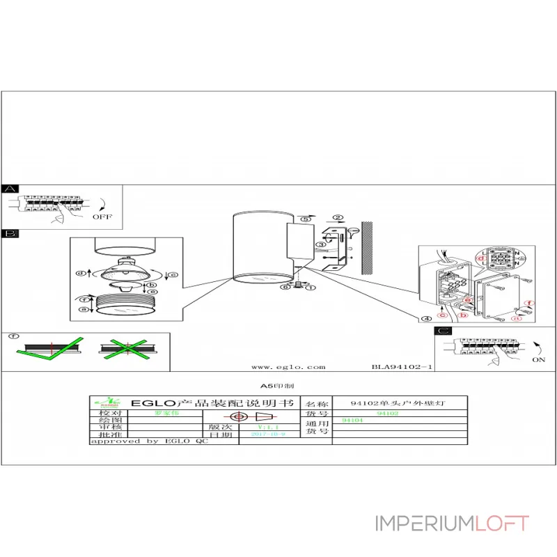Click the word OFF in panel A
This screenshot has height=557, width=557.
pos(102,217)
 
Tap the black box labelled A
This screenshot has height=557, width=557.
pos(10,189)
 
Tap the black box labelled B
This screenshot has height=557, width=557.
pos(10,234)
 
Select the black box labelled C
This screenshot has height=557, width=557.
pos(443,331)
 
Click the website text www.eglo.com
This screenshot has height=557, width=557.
pos(288,366)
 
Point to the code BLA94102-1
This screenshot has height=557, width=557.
pos(403,366)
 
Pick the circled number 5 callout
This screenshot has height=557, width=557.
pos(304,219)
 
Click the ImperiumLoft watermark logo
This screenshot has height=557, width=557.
pos(452,523)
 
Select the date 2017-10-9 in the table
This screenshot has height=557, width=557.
pos(267,433)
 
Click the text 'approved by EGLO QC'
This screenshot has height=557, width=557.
pos(149,441)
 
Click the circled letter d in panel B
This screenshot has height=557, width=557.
pos(81,273)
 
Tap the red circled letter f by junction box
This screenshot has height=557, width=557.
pos(529,304)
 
